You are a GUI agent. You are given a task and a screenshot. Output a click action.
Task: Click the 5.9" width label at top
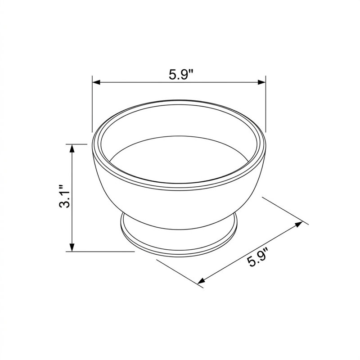181,74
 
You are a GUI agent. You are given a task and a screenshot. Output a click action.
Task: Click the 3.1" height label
65,196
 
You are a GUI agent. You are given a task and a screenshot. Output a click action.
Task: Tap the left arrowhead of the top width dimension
96,82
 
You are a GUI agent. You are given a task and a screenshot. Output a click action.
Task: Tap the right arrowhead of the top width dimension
262,82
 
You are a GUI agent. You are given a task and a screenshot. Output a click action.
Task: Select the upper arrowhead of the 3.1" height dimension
72,148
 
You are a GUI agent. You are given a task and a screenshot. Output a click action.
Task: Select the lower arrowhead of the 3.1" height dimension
72,247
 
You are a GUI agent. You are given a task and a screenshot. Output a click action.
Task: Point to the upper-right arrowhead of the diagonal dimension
298,224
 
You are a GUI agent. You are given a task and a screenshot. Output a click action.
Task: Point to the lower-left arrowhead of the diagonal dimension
201,280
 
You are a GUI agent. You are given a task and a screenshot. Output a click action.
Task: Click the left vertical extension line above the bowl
92,104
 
